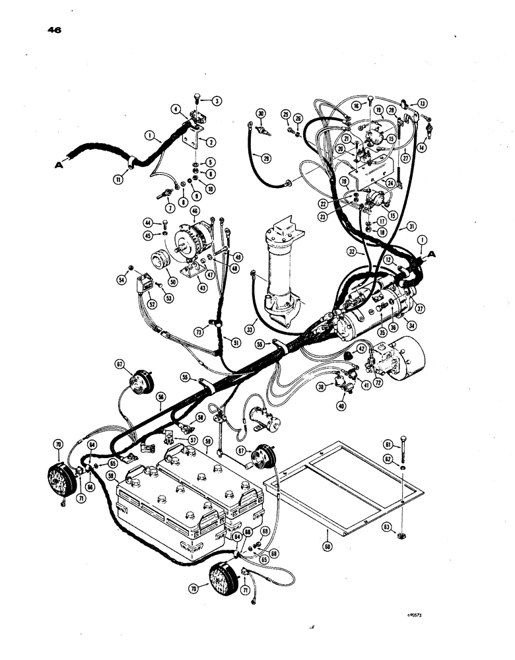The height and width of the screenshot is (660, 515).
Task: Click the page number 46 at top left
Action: (x=54, y=30)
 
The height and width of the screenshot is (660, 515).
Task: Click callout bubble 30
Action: (x=261, y=114)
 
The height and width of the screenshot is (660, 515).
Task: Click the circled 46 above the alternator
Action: (x=195, y=211)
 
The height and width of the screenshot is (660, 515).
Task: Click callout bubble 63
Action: (x=388, y=526)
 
